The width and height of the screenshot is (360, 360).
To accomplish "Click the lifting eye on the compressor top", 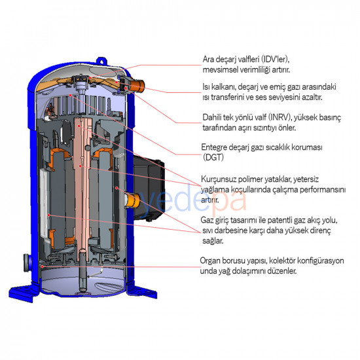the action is (101, 61).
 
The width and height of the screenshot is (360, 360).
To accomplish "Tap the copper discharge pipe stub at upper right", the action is (137, 85).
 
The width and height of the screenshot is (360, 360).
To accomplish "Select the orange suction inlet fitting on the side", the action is (133, 200).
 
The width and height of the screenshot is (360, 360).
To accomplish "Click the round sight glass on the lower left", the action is (27, 262).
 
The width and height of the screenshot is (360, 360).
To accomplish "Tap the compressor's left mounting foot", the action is (23, 293).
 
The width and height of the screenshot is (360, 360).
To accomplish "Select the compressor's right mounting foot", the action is (143, 292).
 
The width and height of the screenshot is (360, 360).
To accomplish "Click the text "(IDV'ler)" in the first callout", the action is (276, 60).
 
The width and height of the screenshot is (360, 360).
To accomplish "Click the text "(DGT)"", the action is (213, 157).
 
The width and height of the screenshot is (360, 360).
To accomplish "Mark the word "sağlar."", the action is (213, 241).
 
